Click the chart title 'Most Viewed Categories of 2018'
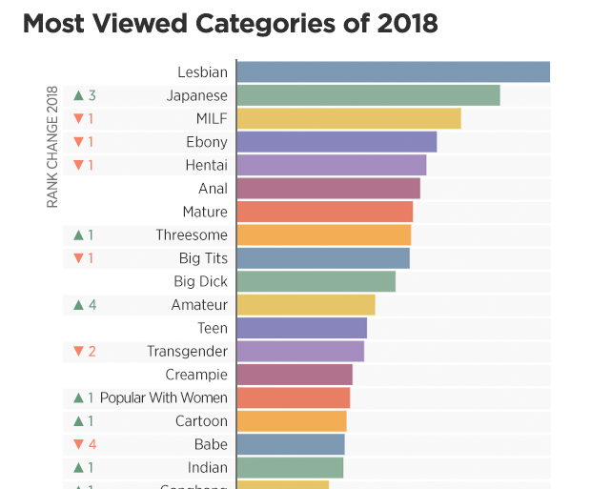pyautogui.click(x=230, y=23)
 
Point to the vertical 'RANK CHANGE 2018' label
pyautogui.click(x=53, y=147)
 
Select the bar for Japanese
pyautogui.click(x=368, y=95)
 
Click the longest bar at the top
pyautogui.click(x=393, y=72)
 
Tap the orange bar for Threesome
pyautogui.click(x=323, y=235)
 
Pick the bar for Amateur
pyautogui.click(x=305, y=305)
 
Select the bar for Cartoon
pyautogui.click(x=291, y=421)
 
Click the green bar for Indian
pyautogui.click(x=289, y=467)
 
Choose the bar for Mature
pyautogui.click(x=324, y=212)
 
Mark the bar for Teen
pyautogui.click(x=301, y=328)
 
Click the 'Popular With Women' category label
pyautogui.click(x=164, y=397)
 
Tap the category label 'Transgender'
pyautogui.click(x=187, y=351)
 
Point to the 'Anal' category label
pyautogui.click(x=213, y=189)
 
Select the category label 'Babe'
pyautogui.click(x=211, y=444)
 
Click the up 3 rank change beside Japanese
pyautogui.click(x=85, y=95)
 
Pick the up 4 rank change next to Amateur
pyautogui.click(x=85, y=305)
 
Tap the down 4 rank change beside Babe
pyautogui.click(x=85, y=444)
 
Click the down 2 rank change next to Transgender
pyautogui.click(x=85, y=351)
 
